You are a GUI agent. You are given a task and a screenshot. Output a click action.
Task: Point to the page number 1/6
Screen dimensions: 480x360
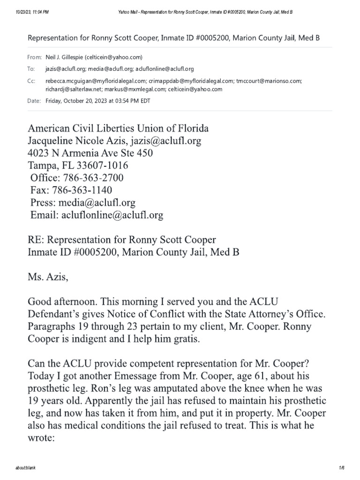coord(341,468)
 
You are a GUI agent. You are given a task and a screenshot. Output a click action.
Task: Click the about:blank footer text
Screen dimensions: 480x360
coord(25,468)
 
